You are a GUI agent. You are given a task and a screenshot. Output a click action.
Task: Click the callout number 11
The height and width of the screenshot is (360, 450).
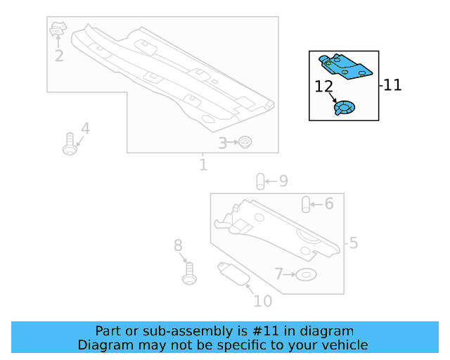[x=392, y=85]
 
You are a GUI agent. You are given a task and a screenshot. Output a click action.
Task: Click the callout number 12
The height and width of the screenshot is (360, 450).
[x=323, y=86]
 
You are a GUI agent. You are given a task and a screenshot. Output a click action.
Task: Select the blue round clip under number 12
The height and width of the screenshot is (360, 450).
[x=344, y=108]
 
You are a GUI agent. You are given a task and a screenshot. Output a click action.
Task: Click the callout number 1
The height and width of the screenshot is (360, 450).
[x=203, y=165]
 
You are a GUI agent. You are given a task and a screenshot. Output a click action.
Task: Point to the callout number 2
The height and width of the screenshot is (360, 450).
[x=59, y=56]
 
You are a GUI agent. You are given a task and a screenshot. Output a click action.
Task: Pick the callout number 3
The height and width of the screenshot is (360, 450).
[x=222, y=143]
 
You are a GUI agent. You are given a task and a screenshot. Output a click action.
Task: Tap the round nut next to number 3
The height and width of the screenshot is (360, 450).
[x=245, y=143]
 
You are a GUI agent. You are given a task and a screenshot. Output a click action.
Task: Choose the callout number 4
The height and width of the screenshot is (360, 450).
[x=85, y=129]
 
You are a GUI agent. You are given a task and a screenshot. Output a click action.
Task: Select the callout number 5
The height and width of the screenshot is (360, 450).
[x=353, y=243]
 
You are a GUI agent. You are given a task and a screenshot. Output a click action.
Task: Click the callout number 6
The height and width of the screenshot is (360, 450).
[x=328, y=204]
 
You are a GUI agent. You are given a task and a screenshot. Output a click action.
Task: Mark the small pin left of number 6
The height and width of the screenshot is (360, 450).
[x=307, y=205]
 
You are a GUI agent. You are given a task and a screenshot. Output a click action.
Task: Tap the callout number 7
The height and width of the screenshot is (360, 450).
[x=279, y=273]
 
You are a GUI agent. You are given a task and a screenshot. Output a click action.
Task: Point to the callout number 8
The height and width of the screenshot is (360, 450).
[x=178, y=245]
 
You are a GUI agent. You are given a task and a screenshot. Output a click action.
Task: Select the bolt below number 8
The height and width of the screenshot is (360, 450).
[x=188, y=272]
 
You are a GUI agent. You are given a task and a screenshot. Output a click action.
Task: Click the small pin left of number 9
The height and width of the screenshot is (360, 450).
[x=259, y=181]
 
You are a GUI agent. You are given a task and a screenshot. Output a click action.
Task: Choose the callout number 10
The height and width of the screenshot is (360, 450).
[x=262, y=301]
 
